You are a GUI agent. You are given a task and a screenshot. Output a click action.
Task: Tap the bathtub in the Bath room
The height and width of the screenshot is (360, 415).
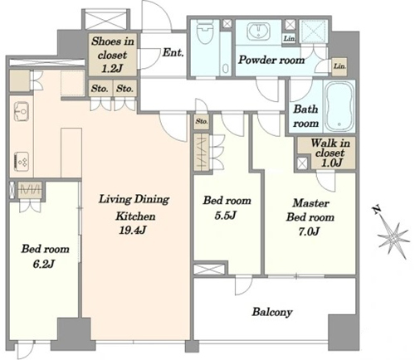[x=339, y=106]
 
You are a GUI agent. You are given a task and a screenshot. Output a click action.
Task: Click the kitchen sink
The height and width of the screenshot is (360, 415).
[x=22, y=111]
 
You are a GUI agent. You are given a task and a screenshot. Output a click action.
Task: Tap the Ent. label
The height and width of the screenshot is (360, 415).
[x=173, y=52]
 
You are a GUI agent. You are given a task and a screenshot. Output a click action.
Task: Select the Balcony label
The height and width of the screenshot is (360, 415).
[x=272, y=312]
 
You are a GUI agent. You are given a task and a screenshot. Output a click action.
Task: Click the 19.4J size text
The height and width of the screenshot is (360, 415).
[x=132, y=230]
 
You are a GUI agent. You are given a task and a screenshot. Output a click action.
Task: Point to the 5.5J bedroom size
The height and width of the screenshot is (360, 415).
[x=225, y=216]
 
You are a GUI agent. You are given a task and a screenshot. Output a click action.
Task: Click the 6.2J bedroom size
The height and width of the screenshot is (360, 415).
[x=44, y=264]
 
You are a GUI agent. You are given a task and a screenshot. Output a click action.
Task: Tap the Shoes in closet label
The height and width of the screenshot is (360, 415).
[x=112, y=55]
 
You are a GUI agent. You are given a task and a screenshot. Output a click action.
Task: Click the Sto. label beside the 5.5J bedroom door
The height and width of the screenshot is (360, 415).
[x=202, y=121]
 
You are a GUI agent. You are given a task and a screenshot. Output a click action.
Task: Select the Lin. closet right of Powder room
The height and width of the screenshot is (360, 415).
[x=339, y=66]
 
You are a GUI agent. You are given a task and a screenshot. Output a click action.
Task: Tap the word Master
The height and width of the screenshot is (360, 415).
[x=310, y=203]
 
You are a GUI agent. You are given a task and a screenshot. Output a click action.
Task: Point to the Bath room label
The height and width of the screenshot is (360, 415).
[x=305, y=116]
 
